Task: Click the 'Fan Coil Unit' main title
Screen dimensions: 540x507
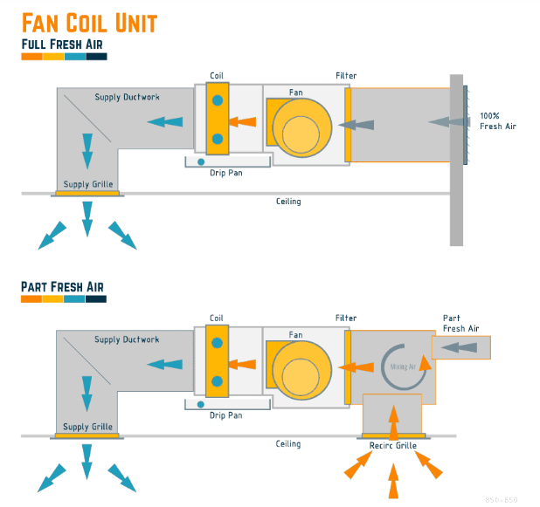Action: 89,23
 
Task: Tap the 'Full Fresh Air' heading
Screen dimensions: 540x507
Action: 62,45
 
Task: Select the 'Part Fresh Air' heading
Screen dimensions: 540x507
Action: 62,287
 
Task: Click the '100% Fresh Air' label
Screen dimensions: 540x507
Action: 498,121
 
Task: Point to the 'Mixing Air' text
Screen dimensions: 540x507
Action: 403,367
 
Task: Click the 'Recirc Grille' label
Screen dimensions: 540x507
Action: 393,446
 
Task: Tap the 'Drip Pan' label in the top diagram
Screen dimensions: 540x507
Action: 226,173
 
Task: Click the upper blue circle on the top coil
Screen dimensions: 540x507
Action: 218,100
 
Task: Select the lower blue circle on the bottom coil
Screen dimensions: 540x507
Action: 217,381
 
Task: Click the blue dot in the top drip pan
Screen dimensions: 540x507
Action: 201,162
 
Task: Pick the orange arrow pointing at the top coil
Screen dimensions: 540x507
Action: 242,122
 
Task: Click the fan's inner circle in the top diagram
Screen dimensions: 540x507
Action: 301,134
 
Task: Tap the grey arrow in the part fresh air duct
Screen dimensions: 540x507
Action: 459,347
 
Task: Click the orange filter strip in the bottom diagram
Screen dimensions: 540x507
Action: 348,367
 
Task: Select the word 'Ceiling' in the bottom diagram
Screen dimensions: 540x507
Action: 288,444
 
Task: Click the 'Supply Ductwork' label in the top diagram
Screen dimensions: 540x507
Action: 127,98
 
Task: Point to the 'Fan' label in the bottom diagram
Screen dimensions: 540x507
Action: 296,335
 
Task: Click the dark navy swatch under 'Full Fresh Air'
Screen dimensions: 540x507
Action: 96,57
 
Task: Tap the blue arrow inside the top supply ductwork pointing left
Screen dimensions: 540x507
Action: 165,122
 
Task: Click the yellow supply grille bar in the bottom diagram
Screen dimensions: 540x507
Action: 87,435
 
